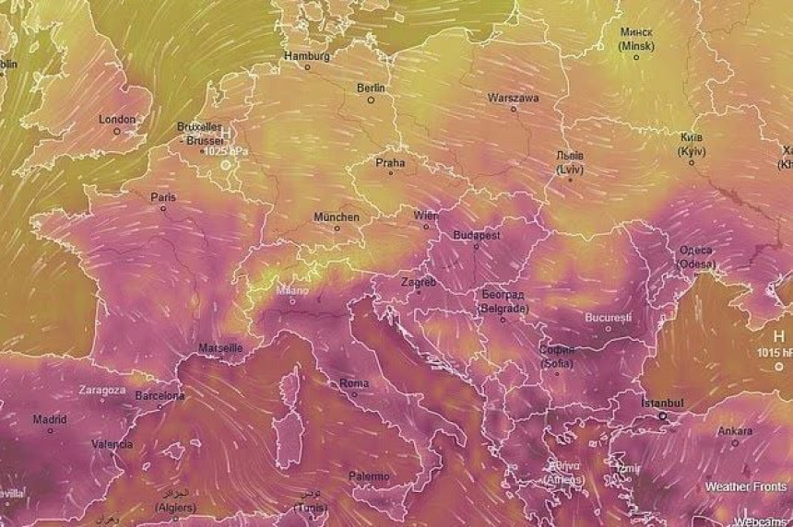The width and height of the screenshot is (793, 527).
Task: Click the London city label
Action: (117, 119)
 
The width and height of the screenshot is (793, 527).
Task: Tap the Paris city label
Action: (163, 196)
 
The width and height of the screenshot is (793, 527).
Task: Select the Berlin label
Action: (371, 88)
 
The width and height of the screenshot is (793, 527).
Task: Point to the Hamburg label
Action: (307, 55)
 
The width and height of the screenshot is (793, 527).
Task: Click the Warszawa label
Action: (514, 97)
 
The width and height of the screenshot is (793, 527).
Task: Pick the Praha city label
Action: (390, 162)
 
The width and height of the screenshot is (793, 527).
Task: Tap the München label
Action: (337, 217)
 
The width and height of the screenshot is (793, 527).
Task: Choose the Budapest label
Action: (477, 235)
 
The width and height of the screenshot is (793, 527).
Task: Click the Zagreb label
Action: (419, 282)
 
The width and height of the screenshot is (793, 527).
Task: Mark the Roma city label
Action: (354, 382)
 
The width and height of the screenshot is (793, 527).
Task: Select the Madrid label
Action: (50, 418)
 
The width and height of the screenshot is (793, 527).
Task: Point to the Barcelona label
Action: (160, 395)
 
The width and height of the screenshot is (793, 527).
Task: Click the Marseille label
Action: (221, 348)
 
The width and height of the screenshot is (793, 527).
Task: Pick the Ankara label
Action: (735, 430)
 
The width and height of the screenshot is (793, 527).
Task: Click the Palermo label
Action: (369, 476)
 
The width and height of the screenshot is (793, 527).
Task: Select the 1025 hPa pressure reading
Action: (227, 150)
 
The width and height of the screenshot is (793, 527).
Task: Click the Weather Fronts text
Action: (746, 486)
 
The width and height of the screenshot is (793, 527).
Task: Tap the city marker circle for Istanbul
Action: (662, 416)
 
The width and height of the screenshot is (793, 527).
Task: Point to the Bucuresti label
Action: (608, 317)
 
